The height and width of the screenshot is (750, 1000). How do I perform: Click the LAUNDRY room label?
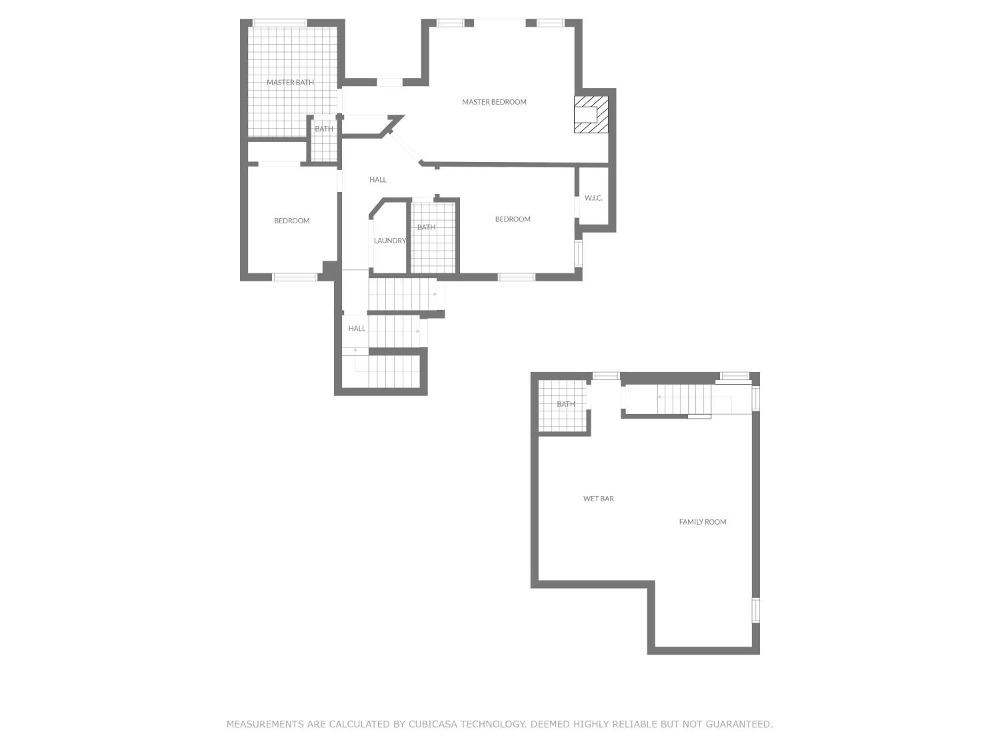[390, 241]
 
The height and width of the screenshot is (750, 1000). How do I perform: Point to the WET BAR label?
[598, 499]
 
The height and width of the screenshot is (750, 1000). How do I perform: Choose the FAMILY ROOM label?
[703, 522]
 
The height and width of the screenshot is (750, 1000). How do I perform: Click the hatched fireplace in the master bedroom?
[591, 114]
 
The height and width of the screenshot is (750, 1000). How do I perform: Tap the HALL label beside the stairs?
[357, 329]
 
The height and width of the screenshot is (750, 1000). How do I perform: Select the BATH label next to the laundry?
[426, 227]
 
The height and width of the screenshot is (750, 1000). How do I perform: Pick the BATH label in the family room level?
[566, 404]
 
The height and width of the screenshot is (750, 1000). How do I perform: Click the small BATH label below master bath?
[324, 129]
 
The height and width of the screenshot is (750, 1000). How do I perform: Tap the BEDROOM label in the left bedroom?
[292, 221]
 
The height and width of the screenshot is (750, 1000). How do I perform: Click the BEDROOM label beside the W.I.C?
[513, 219]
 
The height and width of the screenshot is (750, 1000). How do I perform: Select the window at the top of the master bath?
[279, 23]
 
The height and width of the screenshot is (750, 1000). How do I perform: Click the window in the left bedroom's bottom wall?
[295, 277]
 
